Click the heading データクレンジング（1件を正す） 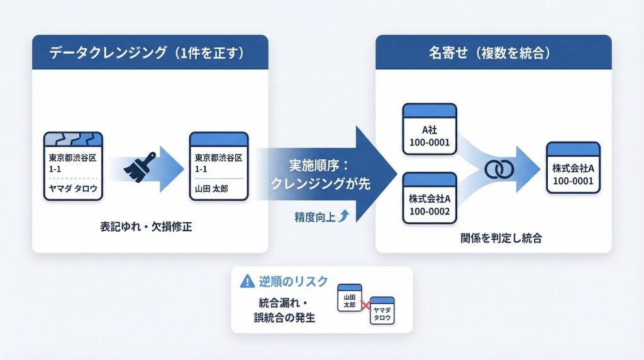[150, 53]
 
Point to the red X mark [365, 306]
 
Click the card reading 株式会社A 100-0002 [429, 199]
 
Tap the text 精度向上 [315, 217]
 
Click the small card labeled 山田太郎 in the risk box [351, 298]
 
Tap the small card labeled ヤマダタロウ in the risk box [381, 311]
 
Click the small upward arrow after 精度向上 [343, 217]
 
